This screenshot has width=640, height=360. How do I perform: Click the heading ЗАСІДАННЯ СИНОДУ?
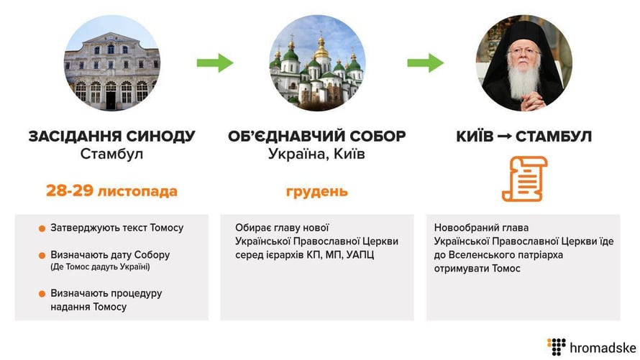coord(111,137)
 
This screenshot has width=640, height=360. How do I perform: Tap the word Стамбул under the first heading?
coord(111,154)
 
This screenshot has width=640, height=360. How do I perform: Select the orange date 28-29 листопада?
coord(111,191)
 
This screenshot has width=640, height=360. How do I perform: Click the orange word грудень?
coord(317,191)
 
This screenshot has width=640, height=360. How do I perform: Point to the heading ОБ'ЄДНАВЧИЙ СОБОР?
coord(317,137)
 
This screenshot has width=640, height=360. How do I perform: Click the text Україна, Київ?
coord(317,154)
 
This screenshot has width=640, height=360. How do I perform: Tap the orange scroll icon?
coord(524,178)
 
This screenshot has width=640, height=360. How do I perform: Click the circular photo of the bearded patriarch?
coord(524,63)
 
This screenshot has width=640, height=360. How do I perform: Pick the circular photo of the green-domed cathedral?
coord(317,63)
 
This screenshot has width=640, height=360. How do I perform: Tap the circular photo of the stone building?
coord(111,63)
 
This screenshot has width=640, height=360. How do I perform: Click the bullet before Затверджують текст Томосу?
coord(42,229)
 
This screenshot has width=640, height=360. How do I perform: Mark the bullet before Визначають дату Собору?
coord(42,255)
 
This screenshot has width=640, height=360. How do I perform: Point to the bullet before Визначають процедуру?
coord(42,294)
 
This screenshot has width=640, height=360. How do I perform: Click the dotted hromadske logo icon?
coord(556,346)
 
